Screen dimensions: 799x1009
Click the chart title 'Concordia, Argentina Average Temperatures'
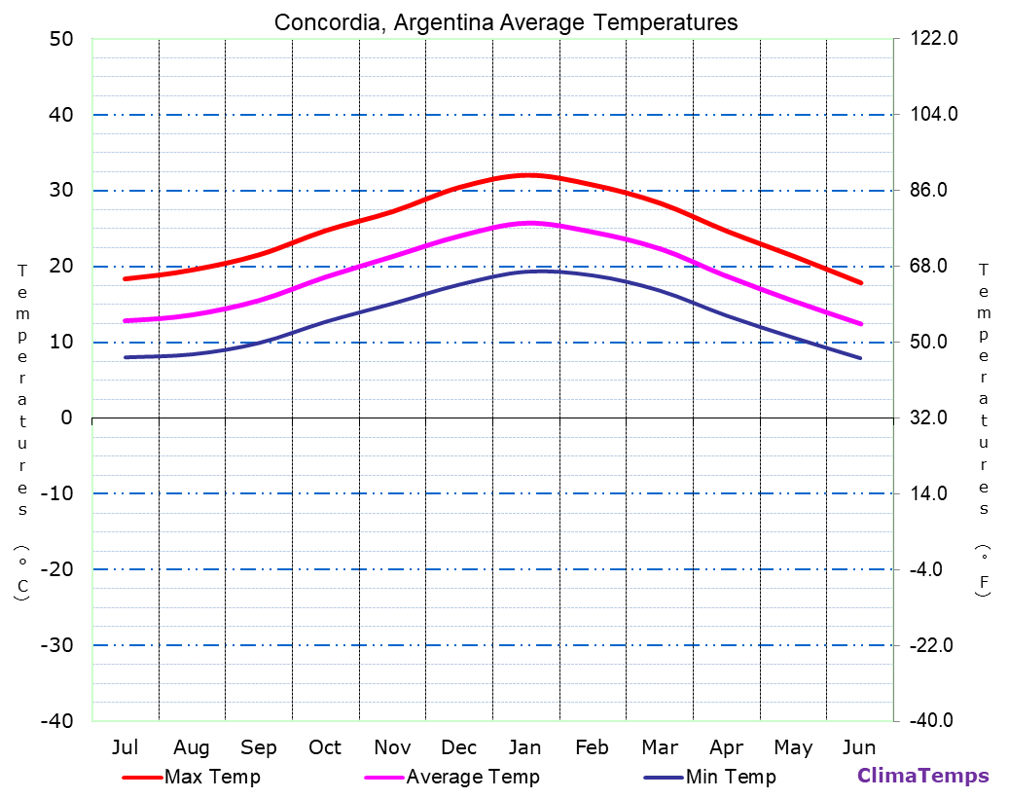point(506,22)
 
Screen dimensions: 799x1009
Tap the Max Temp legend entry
point(192,777)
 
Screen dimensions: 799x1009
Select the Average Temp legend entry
point(451,777)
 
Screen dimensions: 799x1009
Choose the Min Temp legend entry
point(710,777)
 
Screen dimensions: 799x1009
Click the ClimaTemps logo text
point(922,776)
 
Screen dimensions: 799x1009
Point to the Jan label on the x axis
point(525,747)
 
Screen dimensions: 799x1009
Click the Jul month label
point(125,747)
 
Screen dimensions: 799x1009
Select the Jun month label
point(859,747)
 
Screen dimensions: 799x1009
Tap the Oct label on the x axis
point(325,747)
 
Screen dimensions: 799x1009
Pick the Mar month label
point(660,747)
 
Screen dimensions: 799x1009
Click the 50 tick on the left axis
point(60,39)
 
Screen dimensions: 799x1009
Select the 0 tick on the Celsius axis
point(66,418)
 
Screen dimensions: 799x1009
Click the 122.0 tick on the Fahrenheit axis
point(933,39)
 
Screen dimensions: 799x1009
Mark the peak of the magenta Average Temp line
point(529,223)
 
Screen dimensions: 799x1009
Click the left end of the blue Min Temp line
point(125,357)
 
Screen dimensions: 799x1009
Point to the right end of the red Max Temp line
point(861,283)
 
